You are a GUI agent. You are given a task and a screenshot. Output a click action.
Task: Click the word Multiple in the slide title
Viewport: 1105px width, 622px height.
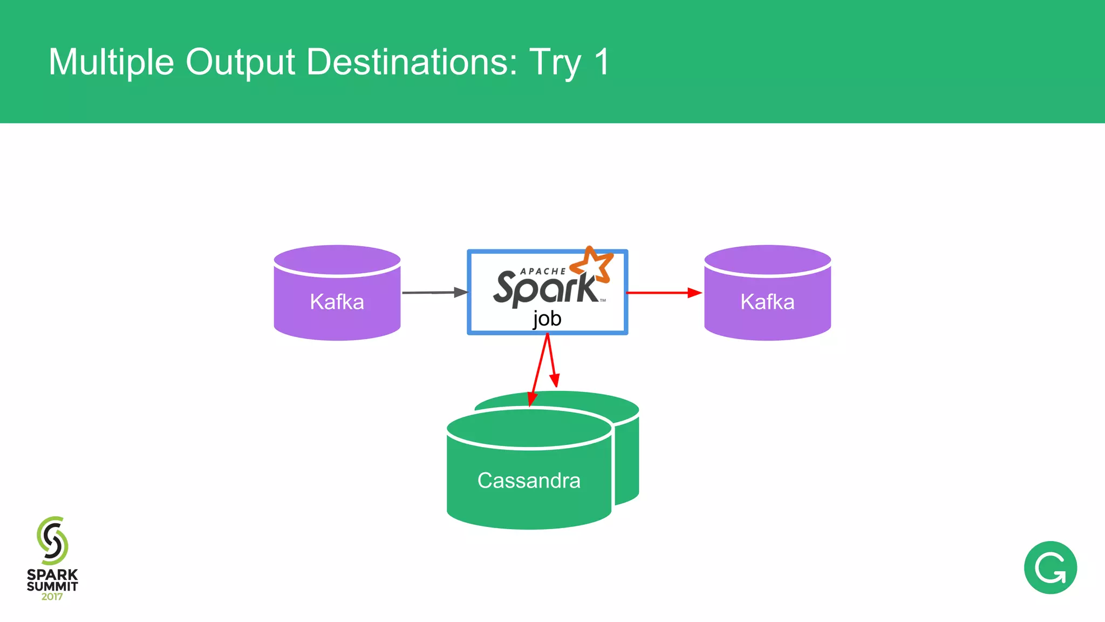point(111,62)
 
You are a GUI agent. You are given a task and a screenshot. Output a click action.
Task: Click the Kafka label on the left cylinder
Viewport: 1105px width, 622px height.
point(337,302)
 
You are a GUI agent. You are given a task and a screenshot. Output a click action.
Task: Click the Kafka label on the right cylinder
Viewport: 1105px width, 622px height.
point(767,302)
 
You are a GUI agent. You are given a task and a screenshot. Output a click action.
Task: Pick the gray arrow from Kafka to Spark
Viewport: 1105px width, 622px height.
point(434,293)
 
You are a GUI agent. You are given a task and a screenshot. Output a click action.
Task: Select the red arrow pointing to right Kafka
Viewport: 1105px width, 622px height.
point(664,293)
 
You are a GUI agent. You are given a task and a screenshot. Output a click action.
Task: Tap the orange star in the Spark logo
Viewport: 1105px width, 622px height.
point(592,264)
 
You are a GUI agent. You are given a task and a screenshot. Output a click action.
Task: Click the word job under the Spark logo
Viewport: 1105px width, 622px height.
point(547,319)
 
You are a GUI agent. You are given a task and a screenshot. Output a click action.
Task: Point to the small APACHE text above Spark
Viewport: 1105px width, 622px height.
point(542,271)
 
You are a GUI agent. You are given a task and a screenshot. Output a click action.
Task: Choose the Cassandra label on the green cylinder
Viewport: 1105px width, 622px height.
point(529,481)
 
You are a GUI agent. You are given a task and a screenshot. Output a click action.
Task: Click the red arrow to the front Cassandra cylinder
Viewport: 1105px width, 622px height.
point(538,373)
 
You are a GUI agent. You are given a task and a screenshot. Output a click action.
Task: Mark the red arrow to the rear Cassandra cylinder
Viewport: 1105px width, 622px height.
point(552,362)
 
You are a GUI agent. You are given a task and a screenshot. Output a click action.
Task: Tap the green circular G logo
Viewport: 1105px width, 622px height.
point(1050,568)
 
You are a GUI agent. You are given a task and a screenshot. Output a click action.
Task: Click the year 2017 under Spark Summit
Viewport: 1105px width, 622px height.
point(52,597)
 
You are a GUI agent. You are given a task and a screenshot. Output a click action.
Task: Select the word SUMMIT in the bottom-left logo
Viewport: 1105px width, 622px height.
point(52,586)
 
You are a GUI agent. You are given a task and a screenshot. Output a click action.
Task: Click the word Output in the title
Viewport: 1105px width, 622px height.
point(240,62)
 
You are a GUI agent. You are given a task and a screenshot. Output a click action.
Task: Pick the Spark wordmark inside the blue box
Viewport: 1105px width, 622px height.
point(545,287)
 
